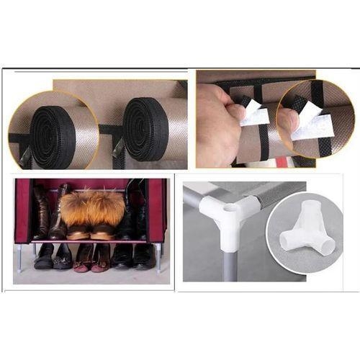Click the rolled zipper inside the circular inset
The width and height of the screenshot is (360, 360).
51,132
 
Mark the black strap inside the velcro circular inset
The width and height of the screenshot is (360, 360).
317,94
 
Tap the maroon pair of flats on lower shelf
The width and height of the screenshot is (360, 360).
94,256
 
